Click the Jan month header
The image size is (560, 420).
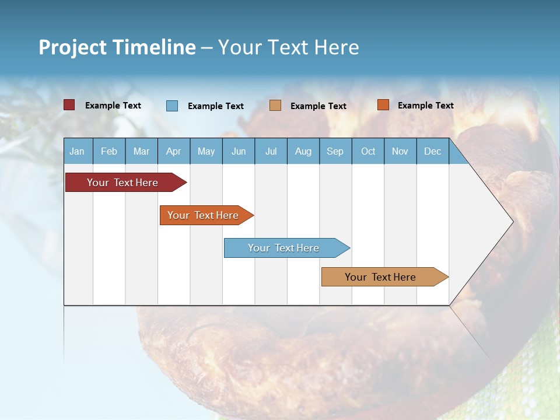pos(78,151)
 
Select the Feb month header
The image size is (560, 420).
pos(109,151)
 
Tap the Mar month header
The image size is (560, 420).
pos(141,151)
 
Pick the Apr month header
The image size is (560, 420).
pos(174,151)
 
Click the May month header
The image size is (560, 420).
pos(206,151)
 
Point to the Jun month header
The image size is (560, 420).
pos(239,151)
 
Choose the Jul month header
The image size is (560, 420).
pos(271,151)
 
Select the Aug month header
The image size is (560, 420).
pos(303,151)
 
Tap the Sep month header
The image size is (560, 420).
pos(335,151)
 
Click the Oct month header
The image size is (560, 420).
pos(368,151)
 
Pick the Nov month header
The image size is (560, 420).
pos(400,151)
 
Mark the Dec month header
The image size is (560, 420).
pos(432,151)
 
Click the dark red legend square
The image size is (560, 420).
pos(69,105)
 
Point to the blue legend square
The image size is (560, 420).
pos(172,106)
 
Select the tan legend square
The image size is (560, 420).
pos(275,106)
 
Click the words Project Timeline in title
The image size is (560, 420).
pos(117,47)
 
